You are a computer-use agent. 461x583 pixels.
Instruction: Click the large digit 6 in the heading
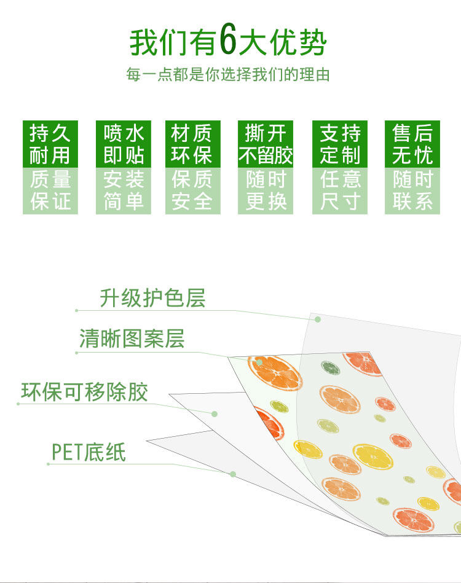click(x=227, y=39)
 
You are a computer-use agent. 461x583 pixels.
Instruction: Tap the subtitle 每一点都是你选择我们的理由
click(x=227, y=74)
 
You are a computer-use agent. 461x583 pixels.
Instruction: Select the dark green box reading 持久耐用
click(x=50, y=144)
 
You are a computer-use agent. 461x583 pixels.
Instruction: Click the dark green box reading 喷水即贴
click(x=124, y=144)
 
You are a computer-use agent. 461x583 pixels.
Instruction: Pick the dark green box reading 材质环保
click(x=193, y=144)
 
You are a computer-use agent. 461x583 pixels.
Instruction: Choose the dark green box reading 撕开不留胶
click(x=266, y=144)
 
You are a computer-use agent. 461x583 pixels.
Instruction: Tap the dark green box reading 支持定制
click(x=340, y=144)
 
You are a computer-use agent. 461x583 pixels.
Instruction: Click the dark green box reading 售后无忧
click(x=412, y=144)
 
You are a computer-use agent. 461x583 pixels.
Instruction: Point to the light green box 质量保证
click(x=50, y=190)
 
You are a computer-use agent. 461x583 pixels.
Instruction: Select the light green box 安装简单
click(x=124, y=190)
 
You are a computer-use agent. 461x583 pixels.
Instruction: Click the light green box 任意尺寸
click(x=340, y=190)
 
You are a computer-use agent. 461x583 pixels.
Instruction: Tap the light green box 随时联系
click(x=412, y=190)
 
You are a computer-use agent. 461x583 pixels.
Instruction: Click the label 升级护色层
click(x=152, y=298)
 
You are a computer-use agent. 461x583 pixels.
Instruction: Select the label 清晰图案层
click(x=132, y=338)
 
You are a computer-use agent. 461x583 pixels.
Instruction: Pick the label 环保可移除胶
click(x=84, y=392)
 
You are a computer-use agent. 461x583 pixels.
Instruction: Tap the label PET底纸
click(x=89, y=452)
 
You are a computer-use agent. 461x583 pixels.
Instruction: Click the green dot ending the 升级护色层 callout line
click(x=318, y=319)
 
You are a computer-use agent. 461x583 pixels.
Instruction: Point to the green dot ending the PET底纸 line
click(x=232, y=474)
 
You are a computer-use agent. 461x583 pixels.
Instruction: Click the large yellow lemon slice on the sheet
click(x=373, y=456)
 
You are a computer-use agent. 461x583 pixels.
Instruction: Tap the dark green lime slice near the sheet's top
click(x=331, y=368)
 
